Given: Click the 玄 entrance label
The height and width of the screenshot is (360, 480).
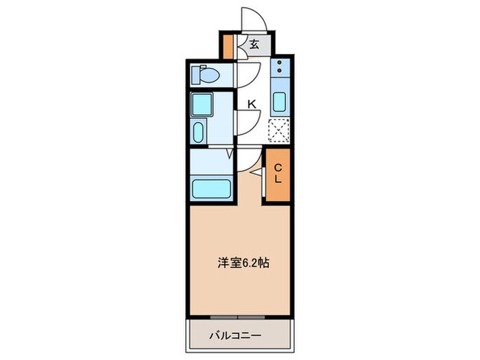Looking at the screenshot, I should coord(254,45).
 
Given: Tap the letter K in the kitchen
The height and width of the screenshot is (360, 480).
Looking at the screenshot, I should coord(252,104).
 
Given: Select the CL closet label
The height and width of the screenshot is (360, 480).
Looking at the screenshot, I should coord(278,174).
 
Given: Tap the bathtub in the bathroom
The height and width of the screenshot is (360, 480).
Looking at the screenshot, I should coord(212,189).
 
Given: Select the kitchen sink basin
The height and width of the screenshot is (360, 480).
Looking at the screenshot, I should coord(280,103).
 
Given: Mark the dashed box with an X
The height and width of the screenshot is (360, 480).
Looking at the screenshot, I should coord(279,130).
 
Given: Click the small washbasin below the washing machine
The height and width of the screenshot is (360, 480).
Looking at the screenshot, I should coord(199,132).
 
